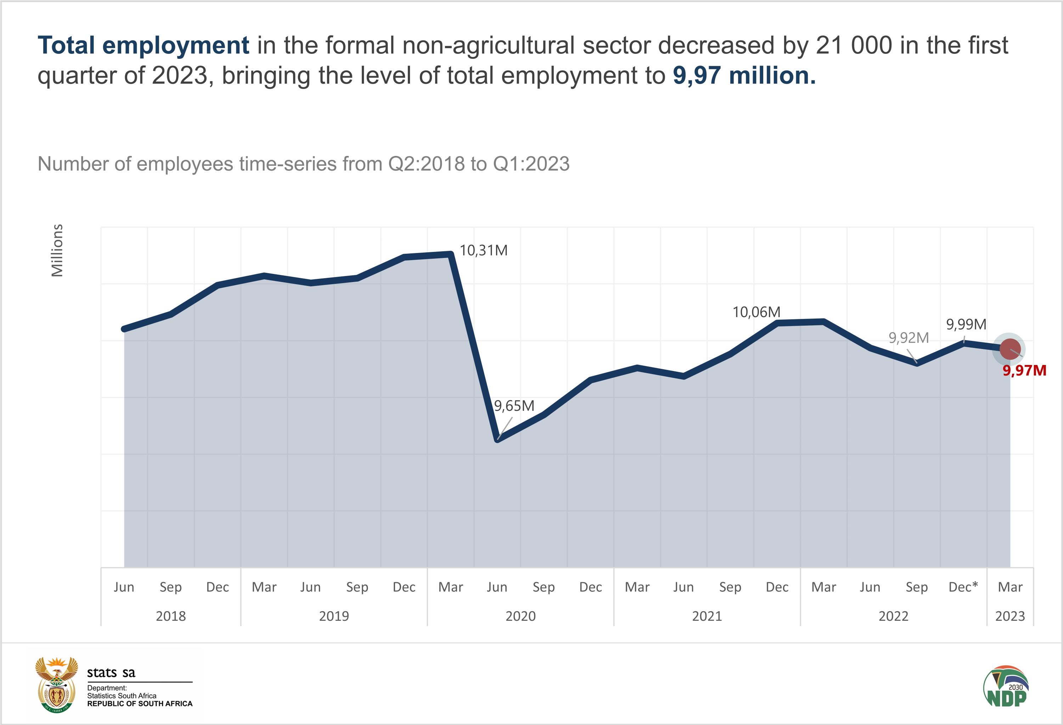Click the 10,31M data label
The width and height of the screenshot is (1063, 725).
tap(483, 251)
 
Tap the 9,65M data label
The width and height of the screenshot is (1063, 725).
tap(514, 406)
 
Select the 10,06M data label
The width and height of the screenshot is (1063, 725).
tap(756, 313)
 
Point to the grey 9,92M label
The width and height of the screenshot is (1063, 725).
tap(909, 338)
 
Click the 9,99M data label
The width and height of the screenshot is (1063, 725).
tap(966, 325)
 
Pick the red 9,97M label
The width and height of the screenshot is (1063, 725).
tap(1024, 371)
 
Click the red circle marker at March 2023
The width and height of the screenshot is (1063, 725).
tap(1010, 349)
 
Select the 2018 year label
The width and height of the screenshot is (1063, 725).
tap(170, 616)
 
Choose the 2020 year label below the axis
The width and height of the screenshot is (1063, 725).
tap(521, 616)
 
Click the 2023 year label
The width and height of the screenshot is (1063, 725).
tap(1010, 616)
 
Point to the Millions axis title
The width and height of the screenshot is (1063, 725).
tap(57, 250)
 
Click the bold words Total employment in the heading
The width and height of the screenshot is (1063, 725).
tap(143, 45)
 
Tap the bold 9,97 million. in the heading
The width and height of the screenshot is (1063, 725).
tap(744, 75)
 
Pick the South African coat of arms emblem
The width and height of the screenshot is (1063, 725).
tap(56, 685)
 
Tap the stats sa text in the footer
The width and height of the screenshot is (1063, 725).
tap(111, 673)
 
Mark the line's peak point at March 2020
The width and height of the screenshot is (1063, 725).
tap(451, 254)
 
